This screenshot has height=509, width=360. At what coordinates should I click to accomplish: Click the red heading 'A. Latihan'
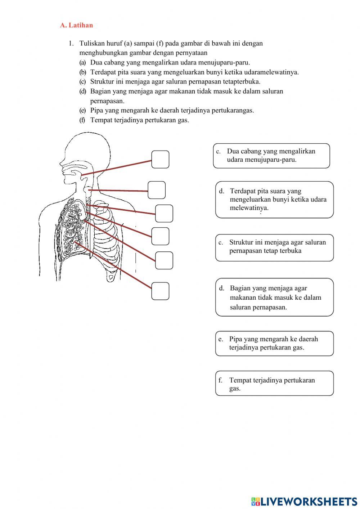pyautogui.click(x=76, y=25)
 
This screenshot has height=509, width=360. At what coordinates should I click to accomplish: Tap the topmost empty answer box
pyautogui.click(x=160, y=160)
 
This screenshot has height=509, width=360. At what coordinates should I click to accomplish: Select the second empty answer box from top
pyautogui.click(x=157, y=190)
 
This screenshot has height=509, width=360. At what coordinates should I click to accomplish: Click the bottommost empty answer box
pyautogui.click(x=160, y=291)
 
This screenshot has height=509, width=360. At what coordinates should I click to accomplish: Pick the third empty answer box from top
pyautogui.click(x=164, y=213)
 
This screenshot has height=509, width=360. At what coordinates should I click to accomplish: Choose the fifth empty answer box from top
pyautogui.click(x=164, y=260)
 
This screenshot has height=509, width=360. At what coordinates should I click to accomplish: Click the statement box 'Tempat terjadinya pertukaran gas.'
pyautogui.click(x=274, y=383)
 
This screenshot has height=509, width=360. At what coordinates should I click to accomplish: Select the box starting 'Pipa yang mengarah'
pyautogui.click(x=274, y=343)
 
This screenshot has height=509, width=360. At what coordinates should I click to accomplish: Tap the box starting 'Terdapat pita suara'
pyautogui.click(x=274, y=200)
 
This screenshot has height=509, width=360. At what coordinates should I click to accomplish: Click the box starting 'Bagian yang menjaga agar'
pyautogui.click(x=274, y=297)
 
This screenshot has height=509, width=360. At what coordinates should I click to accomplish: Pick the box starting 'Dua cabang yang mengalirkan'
pyautogui.click(x=271, y=156)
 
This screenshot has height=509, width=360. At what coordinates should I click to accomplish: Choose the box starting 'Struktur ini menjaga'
pyautogui.click(x=274, y=247)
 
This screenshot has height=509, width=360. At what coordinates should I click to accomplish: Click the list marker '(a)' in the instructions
pyautogui.click(x=83, y=62)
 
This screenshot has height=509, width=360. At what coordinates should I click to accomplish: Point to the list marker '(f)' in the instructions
pyautogui.click(x=82, y=120)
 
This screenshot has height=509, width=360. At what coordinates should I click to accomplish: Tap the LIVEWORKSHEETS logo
pyautogui.click(x=304, y=501)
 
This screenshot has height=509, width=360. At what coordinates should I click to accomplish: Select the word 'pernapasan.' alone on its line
pyautogui.click(x=107, y=101)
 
